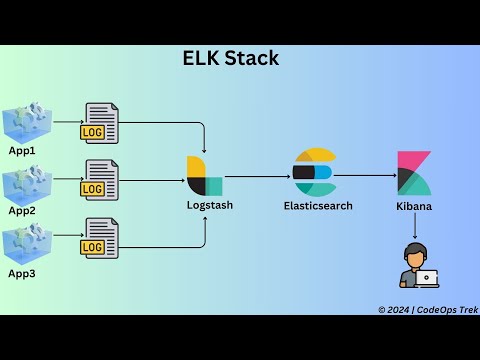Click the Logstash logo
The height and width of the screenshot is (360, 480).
pos(204,176)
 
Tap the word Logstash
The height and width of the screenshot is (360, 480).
pos(210,205)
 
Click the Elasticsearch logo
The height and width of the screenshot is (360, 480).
pos(313,172)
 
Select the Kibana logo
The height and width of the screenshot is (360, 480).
pos(414,174)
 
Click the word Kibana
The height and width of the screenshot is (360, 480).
pos(414,205)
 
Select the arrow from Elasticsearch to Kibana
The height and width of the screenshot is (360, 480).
pos(365,175)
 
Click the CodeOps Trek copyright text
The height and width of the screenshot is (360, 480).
pos(427,310)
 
